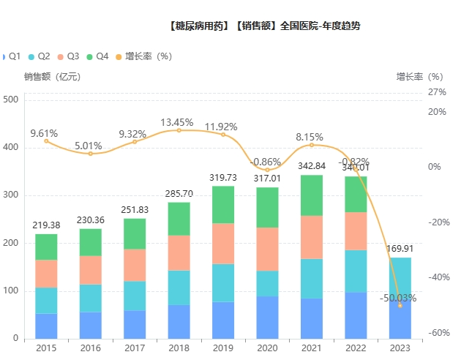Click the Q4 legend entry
click(x=97, y=56)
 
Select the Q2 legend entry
click(x=40, y=56)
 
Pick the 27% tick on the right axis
click(x=437, y=92)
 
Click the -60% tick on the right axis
click(x=437, y=333)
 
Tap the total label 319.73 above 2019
click(x=222, y=178)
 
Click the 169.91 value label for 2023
click(x=400, y=249)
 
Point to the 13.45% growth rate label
click(x=179, y=122)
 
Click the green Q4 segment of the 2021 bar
click(x=311, y=195)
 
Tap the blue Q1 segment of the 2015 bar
click(x=46, y=326)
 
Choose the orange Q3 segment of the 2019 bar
click(x=222, y=244)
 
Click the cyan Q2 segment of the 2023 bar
click(x=400, y=278)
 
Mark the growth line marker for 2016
click(x=91, y=154)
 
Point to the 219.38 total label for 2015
click(x=46, y=225)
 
